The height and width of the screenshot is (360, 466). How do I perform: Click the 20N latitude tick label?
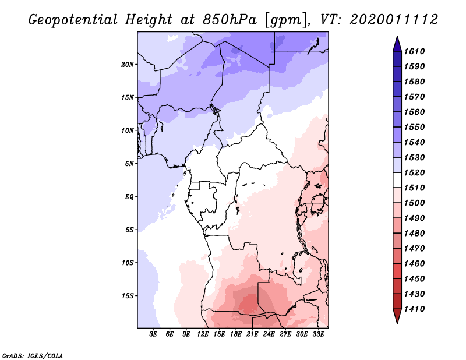coord(128,64)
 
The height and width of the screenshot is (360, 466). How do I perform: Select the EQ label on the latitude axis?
coord(129,196)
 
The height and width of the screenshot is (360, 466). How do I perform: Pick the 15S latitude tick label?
coord(128,295)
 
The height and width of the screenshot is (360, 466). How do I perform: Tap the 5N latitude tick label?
coord(129,163)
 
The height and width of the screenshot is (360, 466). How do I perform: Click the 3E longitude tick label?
coord(154,334)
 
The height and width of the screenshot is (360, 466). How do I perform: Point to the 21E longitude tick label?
coord(253,334)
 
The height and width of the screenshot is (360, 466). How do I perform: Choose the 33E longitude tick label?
coord(319,334)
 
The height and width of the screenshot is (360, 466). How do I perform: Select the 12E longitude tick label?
coord(203,334)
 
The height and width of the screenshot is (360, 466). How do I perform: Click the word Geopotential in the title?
coord(73,19)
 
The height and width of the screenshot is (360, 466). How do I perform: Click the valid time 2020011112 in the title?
coord(394,19)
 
